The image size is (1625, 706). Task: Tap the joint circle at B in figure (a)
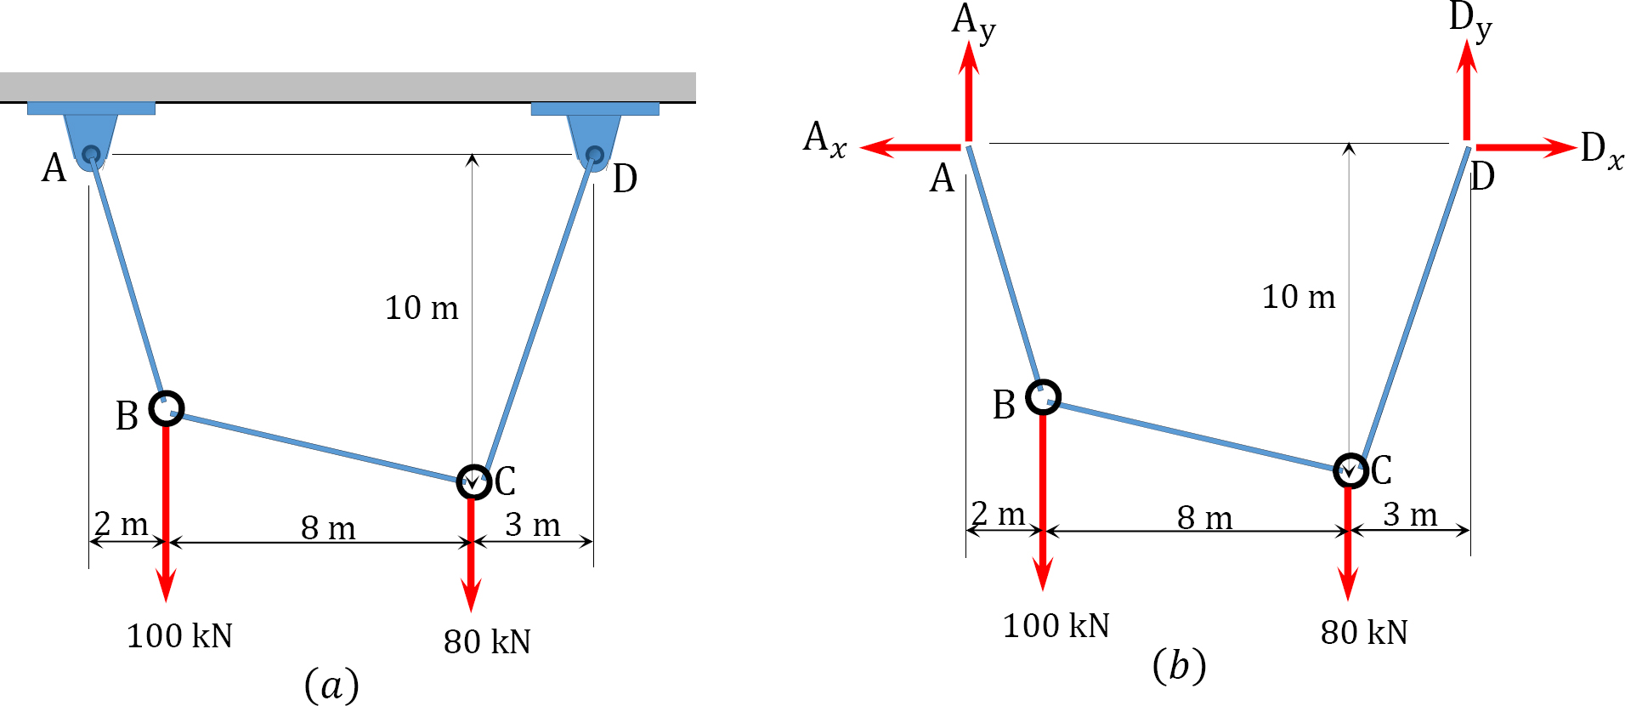click(167, 408)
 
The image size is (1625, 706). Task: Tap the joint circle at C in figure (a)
click(473, 482)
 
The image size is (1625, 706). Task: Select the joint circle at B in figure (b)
click(1043, 397)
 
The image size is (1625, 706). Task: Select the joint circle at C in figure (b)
click(1350, 470)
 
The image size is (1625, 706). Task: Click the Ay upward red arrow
click(969, 90)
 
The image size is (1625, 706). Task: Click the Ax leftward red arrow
click(911, 148)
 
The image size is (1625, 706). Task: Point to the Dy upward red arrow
click(1467, 89)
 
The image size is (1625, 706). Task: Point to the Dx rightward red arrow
click(1526, 148)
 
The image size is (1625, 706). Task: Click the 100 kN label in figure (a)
click(179, 636)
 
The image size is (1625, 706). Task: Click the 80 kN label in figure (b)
click(1364, 633)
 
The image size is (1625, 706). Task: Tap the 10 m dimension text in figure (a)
click(422, 308)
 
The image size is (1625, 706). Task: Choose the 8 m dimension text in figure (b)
click(1204, 517)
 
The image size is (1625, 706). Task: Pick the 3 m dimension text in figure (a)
click(533, 525)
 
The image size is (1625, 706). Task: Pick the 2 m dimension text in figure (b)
click(999, 514)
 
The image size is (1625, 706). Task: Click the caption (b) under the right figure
click(1180, 665)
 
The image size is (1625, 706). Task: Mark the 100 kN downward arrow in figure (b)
click(1043, 502)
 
